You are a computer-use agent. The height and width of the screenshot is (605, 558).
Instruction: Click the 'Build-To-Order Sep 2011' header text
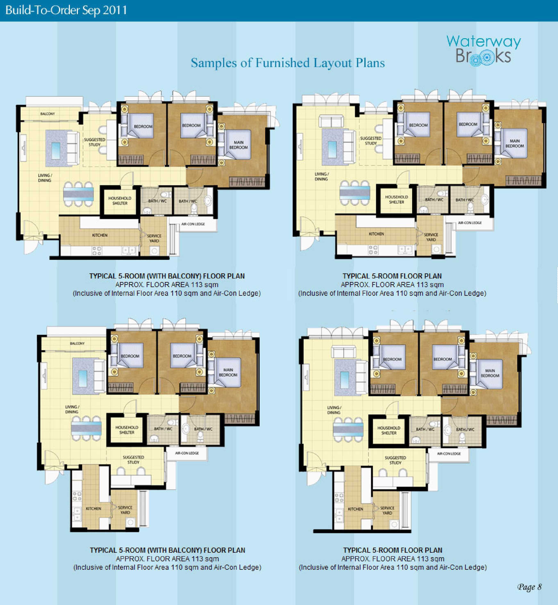tap(66, 10)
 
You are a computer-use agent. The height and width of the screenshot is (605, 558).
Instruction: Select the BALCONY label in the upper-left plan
tap(48, 114)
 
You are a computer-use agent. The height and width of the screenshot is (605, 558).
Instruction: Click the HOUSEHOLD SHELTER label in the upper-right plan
tap(397, 200)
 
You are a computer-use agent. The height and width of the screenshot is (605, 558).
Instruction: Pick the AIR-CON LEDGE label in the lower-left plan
tap(187, 453)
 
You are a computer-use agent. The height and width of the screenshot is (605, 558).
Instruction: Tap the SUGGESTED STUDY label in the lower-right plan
tap(395, 460)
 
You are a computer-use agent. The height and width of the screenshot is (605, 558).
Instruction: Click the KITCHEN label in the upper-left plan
tap(100, 235)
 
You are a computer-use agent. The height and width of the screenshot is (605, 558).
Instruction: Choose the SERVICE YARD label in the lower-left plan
tap(125, 510)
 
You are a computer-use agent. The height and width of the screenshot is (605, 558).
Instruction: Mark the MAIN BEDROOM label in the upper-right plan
tap(515, 143)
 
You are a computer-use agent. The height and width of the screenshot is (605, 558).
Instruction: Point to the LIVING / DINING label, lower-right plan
tap(334, 410)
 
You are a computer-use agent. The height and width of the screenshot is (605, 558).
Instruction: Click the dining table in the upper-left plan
tap(78, 194)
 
